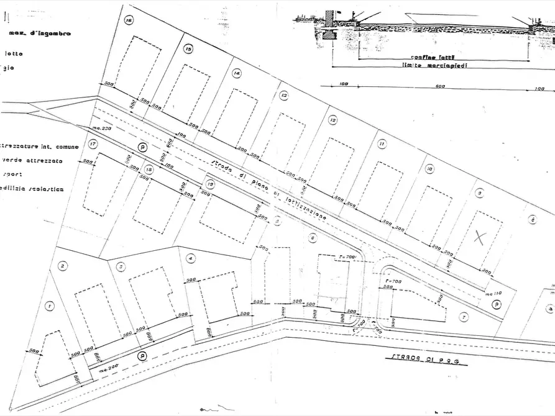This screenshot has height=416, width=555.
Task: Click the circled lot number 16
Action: coord(129,20)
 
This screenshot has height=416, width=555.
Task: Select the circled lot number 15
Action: coord(188,48)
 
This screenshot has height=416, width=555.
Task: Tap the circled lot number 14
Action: coord(236,73)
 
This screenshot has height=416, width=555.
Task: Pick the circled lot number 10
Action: coord(429,168)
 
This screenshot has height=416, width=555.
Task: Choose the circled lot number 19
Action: coord(211,184)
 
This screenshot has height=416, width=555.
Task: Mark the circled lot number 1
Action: coord(50,305)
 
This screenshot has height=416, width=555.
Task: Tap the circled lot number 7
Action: coord(464,317)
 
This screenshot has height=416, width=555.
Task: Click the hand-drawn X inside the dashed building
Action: coord(479,235)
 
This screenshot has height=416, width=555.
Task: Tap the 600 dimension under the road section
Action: coord(440,87)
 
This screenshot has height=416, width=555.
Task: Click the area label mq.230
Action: coord(101,129)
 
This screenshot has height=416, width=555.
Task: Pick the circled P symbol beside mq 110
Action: coord(497,304)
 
